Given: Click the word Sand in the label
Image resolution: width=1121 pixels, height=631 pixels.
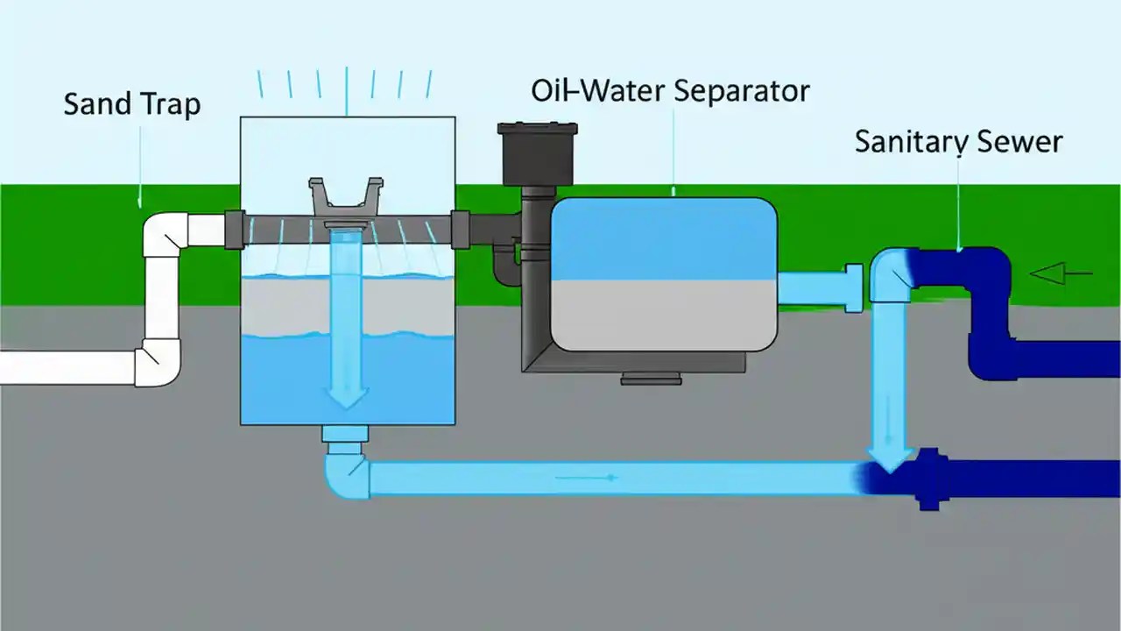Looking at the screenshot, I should pyautogui.click(x=95, y=104).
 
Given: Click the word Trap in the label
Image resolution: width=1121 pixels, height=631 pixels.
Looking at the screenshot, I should pyautogui.click(x=168, y=105).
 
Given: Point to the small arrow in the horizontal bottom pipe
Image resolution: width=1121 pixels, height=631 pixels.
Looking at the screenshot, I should pyautogui.click(x=588, y=479).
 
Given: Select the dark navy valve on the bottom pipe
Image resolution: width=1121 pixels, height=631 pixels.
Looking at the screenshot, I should pyautogui.click(x=928, y=479).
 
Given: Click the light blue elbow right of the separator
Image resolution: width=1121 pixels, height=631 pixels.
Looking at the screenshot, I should pyautogui.click(x=892, y=272).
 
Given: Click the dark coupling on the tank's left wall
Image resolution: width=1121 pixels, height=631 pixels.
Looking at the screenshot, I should pyautogui.click(x=234, y=230).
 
